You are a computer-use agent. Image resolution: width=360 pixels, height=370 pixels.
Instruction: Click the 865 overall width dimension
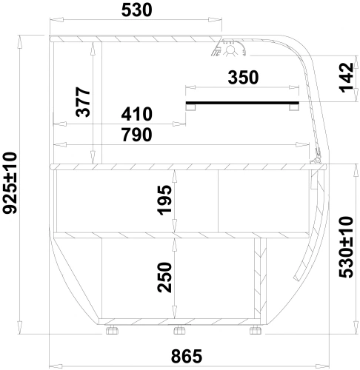(x=187, y=356)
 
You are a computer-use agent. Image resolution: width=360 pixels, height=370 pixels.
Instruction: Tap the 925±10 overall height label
(x=10, y=183)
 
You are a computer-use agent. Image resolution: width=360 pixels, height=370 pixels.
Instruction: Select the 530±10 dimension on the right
(x=346, y=247)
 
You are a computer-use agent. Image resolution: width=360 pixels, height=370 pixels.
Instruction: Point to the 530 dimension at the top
(x=136, y=10)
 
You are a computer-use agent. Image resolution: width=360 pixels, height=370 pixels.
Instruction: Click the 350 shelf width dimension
(x=243, y=77)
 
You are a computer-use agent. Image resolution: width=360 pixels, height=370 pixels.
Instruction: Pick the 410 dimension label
(x=136, y=114)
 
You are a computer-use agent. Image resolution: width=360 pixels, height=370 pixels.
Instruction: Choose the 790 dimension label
(x=136, y=135)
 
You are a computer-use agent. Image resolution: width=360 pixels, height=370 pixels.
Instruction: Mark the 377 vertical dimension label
(x=83, y=101)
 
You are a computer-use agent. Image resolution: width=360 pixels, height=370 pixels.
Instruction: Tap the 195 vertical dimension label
(x=164, y=200)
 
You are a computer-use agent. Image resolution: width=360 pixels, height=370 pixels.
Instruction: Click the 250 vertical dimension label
(x=164, y=277)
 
